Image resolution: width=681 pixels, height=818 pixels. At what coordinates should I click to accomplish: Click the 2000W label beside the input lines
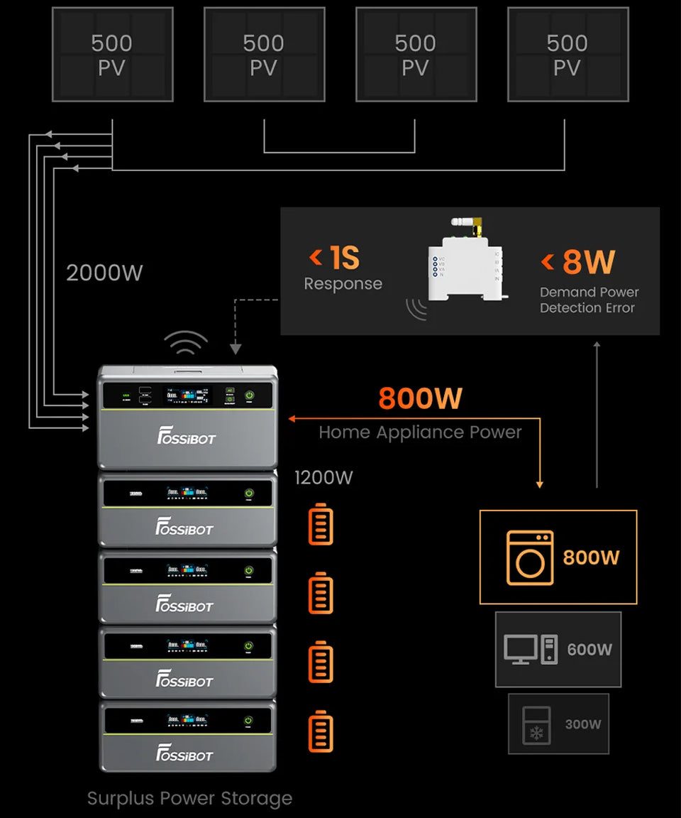[104, 273]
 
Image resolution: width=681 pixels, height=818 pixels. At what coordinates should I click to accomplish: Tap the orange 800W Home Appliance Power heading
[420, 398]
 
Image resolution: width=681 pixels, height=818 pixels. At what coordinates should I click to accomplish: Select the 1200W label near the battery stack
[323, 477]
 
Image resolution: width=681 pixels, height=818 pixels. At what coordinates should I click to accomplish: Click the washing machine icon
[530, 558]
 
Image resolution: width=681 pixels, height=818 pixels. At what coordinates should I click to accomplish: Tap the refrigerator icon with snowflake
[536, 725]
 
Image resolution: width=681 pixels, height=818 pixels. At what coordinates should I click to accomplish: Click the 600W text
[589, 650]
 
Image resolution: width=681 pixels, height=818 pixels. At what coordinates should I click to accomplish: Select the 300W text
[583, 724]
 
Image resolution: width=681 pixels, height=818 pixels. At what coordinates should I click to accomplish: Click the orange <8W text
[578, 261]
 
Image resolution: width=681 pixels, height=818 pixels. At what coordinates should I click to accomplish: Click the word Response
[343, 284]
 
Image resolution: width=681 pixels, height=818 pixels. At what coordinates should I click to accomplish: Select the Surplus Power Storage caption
[189, 798]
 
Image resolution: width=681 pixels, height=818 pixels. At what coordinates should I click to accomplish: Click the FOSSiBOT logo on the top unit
[186, 438]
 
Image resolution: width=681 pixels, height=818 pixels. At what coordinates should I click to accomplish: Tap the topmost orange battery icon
[321, 524]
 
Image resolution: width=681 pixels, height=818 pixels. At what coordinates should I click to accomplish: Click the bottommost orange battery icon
[321, 733]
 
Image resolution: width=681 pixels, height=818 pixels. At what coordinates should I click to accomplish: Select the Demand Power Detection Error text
[589, 300]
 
